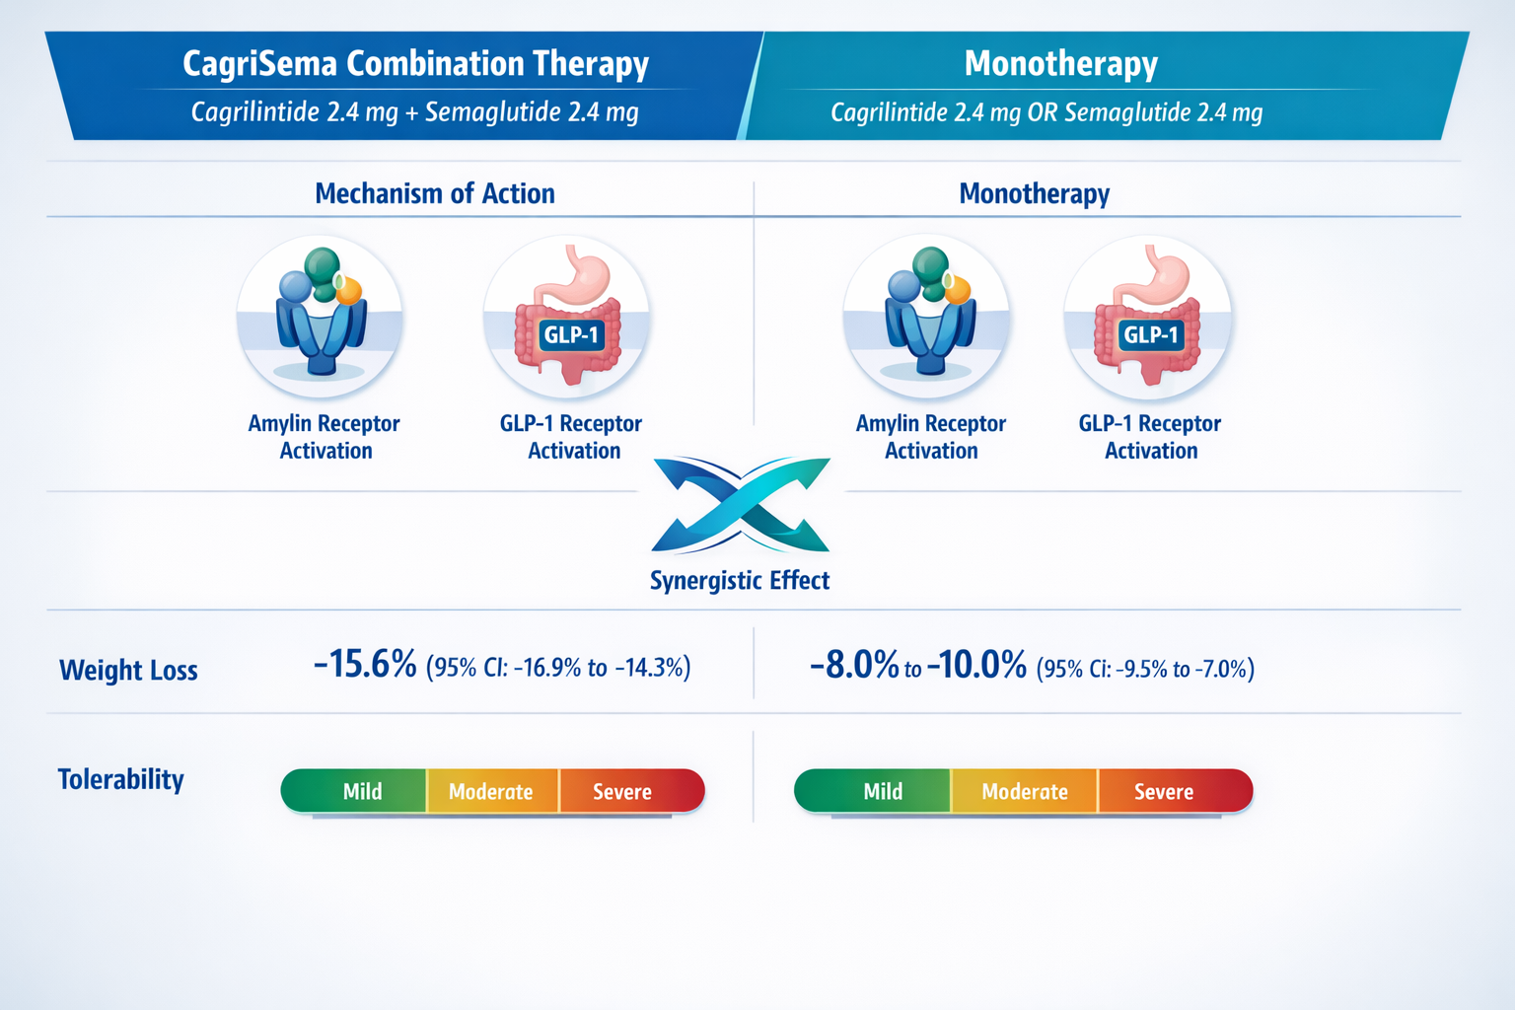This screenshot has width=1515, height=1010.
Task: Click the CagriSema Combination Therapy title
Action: click(415, 64)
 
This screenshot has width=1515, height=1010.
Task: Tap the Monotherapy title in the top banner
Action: click(1060, 64)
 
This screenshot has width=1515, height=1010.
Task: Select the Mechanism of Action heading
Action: click(434, 193)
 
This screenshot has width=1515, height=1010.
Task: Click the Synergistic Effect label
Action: click(739, 581)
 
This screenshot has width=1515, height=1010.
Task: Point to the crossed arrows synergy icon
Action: click(741, 504)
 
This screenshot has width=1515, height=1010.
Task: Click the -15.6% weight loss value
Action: click(365, 665)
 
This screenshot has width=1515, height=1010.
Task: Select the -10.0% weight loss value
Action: click(976, 666)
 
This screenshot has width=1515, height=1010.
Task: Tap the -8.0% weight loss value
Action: click(854, 666)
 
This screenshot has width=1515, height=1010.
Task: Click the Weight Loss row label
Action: click(128, 671)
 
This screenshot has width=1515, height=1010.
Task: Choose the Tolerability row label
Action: click(120, 779)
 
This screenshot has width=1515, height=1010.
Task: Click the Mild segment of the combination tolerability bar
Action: click(361, 792)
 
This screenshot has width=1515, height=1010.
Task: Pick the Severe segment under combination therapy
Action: click(623, 792)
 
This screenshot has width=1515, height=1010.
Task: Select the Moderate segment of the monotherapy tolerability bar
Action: click(1024, 792)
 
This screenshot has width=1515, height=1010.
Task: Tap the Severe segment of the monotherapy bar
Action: click(1164, 792)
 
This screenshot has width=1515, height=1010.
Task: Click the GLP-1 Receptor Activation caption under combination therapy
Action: click(571, 437)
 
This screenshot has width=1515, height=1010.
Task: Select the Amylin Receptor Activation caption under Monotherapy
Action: click(930, 437)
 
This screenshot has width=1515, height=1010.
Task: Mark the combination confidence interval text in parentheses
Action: click(558, 668)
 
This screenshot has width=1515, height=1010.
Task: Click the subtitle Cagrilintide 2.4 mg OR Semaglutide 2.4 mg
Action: click(1046, 112)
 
